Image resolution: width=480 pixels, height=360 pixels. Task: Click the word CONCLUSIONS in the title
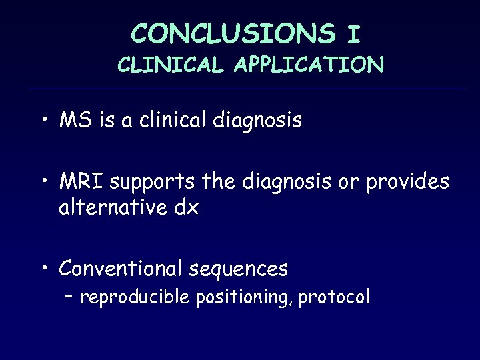[x=233, y=33]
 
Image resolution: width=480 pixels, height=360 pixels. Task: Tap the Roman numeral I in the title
[x=353, y=33]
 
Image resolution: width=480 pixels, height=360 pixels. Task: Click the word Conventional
[x=120, y=269]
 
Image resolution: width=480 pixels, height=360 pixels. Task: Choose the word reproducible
[x=137, y=297]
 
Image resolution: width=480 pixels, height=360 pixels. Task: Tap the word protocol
[x=333, y=297]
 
